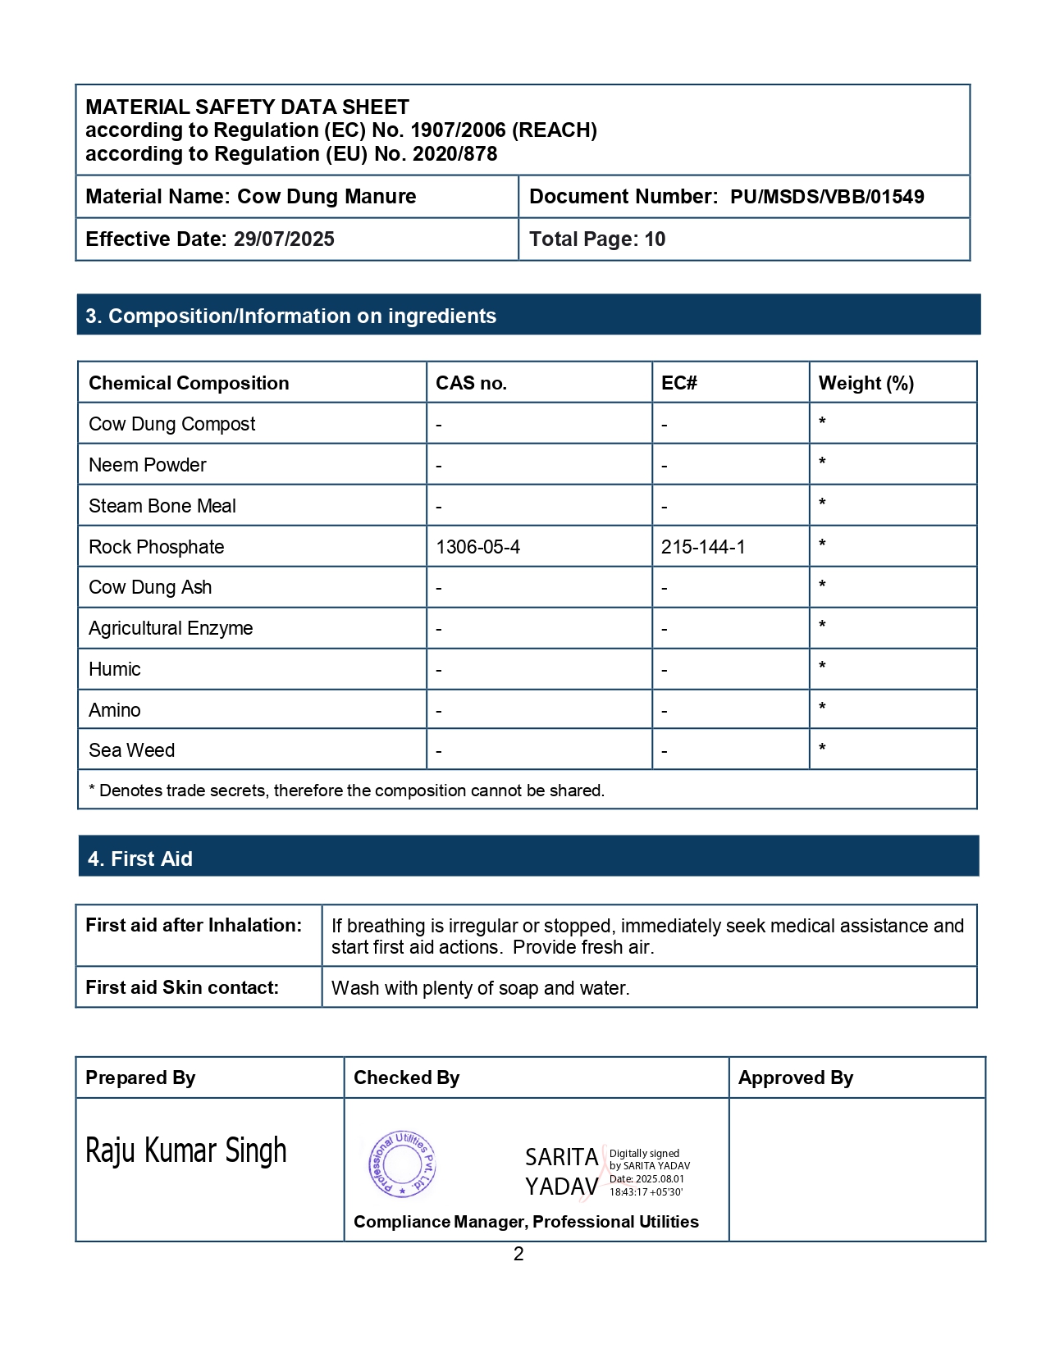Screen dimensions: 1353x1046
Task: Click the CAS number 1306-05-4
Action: coord(477,547)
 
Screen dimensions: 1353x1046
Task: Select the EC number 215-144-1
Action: coord(703,547)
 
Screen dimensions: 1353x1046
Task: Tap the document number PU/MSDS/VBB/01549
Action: coord(827,197)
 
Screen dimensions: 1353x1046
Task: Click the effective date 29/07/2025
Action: coord(284,239)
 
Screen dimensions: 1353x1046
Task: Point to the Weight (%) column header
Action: coord(866,383)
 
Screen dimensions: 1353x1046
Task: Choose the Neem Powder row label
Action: coord(148,465)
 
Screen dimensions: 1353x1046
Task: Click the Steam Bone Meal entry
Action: coord(162,506)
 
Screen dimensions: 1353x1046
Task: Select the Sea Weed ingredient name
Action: coord(131,750)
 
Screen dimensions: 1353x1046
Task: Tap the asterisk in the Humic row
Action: coord(822,666)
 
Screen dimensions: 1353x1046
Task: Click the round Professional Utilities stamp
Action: coord(402,1164)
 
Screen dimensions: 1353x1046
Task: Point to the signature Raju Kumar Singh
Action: coord(186,1151)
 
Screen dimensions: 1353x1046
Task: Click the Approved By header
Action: coord(795,1077)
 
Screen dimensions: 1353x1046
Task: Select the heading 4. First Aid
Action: coord(140,859)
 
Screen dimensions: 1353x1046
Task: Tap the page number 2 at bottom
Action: coord(518,1254)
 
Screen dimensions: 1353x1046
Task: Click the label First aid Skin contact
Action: coord(182,987)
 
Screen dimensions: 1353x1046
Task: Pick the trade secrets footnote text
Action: coord(346,790)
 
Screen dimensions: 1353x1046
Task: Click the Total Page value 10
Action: coord(655,239)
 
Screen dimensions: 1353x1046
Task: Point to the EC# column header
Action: coord(678,383)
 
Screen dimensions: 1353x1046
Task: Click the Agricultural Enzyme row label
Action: coord(171,628)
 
